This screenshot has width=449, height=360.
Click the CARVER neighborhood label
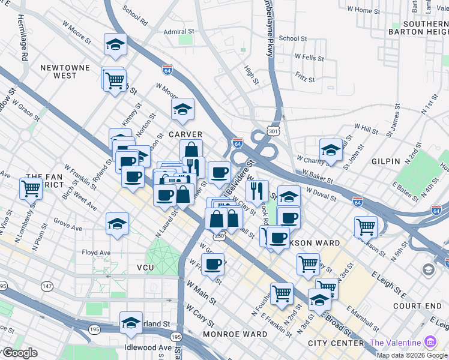pyautogui.click(x=185, y=134)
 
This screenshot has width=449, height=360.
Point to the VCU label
pyautogui.click(x=146, y=268)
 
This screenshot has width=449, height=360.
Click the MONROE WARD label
pyautogui.click(x=235, y=334)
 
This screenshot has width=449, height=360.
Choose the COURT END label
pyautogui.click(x=417, y=305)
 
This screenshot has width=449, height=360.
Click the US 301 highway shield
pyautogui.click(x=273, y=131)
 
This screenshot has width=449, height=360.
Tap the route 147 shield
pyautogui.click(x=47, y=288)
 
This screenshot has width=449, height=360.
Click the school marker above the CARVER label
pyautogui.click(x=182, y=110)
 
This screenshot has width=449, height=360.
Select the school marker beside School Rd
pyautogui.click(x=115, y=45)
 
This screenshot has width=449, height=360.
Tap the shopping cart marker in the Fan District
pyautogui.click(x=31, y=188)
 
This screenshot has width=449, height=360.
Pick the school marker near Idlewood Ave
pyautogui.click(x=131, y=323)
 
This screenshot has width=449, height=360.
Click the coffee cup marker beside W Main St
pyautogui.click(x=212, y=264)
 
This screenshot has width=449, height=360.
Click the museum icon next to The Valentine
pyautogui.click(x=430, y=343)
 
